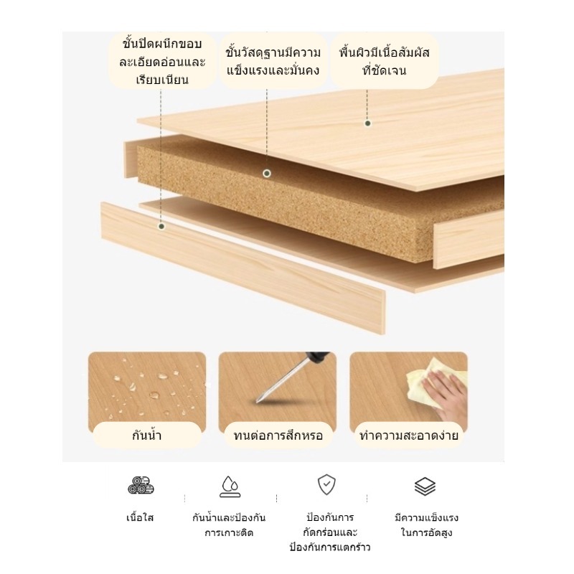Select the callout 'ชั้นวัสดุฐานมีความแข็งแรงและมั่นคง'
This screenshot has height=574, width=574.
point(273,61)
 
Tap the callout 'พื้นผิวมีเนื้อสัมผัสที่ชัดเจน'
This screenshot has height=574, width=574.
point(385,61)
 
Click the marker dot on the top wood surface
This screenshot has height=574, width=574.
point(367,123)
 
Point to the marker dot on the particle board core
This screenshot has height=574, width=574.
point(267,174)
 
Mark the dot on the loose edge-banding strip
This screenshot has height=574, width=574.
point(161,226)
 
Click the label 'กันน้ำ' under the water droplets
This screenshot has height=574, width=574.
point(147,436)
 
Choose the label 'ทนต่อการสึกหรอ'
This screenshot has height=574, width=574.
point(278,436)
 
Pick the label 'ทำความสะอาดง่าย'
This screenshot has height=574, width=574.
point(408,436)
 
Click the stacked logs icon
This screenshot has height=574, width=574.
point(141,486)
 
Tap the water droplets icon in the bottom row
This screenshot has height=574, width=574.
point(230,486)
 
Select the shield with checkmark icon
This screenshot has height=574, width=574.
point(326,485)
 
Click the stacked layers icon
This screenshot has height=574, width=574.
point(425,486)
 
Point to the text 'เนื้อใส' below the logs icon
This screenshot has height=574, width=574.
point(140,517)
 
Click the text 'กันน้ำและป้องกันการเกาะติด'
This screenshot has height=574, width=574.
point(229,525)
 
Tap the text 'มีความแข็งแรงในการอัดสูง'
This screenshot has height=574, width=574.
point(426,525)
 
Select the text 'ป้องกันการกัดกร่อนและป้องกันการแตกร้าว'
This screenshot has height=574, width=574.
point(330,532)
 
